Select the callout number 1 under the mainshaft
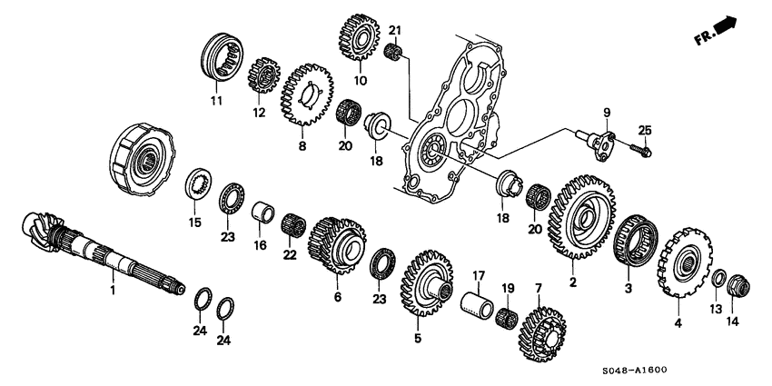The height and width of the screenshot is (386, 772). (113, 291)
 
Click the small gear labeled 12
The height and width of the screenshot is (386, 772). (262, 68)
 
